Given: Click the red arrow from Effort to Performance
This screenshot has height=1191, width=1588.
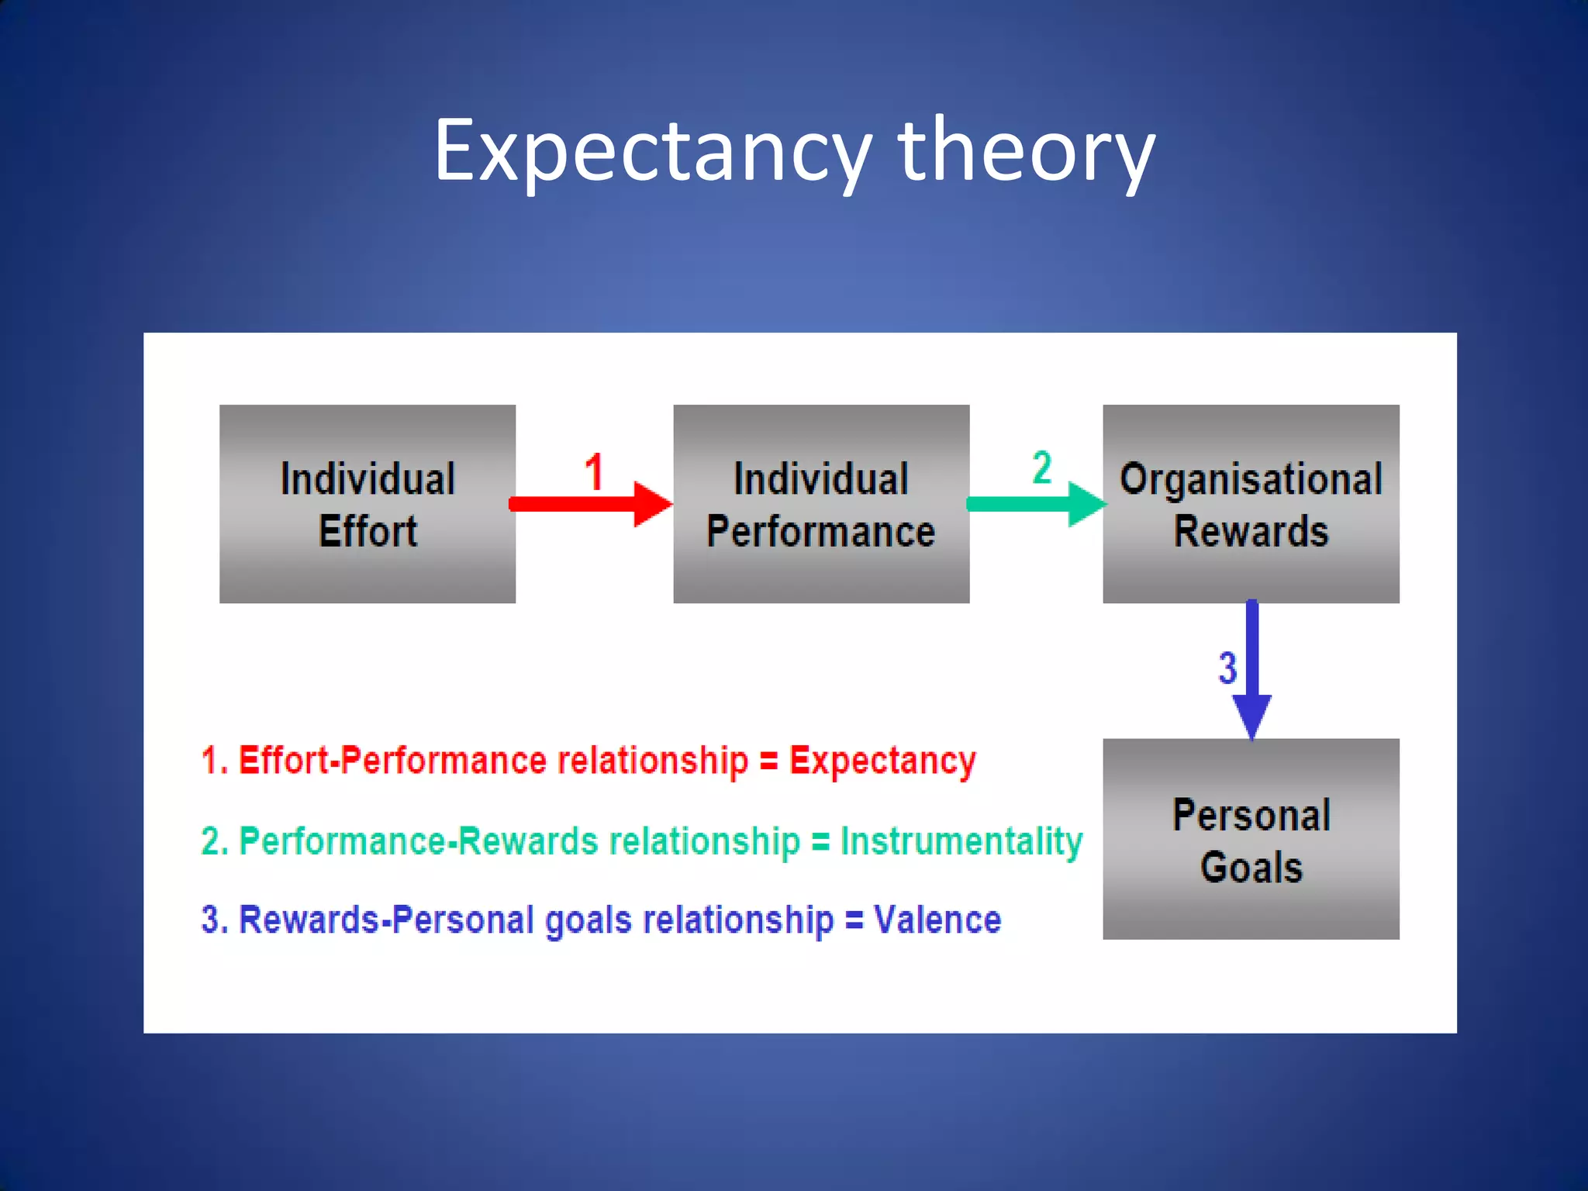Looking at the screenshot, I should click(589, 504).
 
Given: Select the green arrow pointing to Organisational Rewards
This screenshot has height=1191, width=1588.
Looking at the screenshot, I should click(1035, 504).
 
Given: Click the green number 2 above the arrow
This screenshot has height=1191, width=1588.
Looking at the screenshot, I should click(1042, 468).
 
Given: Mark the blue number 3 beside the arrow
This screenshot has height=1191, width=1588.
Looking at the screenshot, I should click(1227, 668).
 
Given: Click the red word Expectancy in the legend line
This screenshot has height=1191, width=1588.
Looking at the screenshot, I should click(882, 761).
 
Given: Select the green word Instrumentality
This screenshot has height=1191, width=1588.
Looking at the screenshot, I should click(961, 841).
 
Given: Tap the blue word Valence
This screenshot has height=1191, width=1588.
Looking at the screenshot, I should click(937, 920).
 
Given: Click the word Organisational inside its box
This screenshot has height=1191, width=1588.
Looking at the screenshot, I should click(1251, 479).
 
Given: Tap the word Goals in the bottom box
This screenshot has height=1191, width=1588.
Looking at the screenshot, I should click(1251, 867).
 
